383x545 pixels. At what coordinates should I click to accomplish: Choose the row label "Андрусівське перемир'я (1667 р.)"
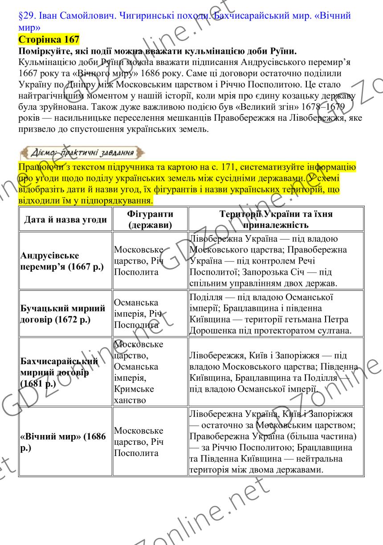pos(63,261)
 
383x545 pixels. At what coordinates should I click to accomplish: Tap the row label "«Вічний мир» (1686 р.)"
pos(63,442)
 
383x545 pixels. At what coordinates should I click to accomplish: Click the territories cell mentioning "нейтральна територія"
pos(276,442)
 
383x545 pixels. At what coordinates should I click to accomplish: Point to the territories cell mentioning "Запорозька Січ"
pos(276,261)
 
